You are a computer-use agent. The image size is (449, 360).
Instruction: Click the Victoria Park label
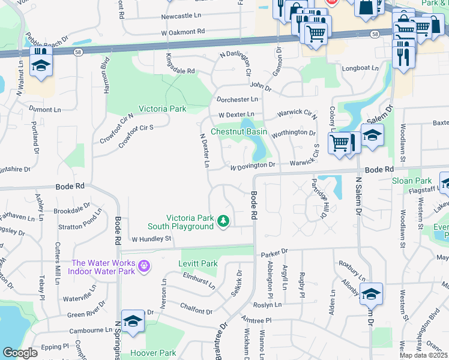162,109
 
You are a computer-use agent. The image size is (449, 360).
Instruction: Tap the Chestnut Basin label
238,131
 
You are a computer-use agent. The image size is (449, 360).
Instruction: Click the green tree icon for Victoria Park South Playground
223,221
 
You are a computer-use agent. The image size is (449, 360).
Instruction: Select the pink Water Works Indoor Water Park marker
143,265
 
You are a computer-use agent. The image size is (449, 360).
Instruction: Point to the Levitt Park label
197,263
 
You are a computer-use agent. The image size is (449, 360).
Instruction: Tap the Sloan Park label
412,181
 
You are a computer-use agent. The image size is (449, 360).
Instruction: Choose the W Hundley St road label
152,239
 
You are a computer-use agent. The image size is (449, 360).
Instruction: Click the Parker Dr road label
274,253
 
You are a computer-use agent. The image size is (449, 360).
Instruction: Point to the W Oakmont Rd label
183,31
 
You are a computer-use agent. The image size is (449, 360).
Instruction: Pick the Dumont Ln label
45,110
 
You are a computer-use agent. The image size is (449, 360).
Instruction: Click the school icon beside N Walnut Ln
41,64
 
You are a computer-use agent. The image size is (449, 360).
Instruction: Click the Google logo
20,353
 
